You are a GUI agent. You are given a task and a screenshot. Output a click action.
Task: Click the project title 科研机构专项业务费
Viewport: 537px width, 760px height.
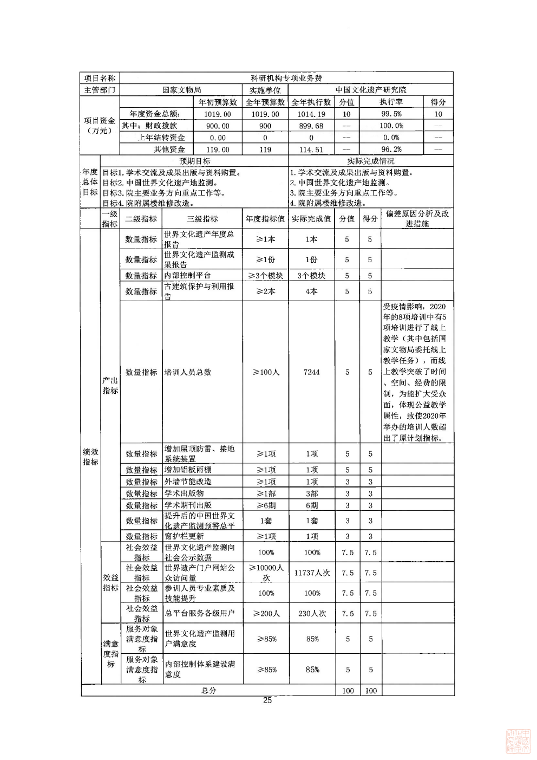286,78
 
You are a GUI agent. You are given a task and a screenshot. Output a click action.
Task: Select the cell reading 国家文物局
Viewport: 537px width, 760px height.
181,90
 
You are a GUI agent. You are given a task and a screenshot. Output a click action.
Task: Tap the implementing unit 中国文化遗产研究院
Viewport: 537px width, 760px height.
370,90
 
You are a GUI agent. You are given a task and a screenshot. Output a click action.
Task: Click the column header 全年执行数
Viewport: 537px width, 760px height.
311,102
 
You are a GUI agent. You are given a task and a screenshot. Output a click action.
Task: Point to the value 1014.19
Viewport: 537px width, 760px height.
311,114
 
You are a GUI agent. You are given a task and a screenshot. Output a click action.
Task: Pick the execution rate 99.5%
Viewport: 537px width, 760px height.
391,114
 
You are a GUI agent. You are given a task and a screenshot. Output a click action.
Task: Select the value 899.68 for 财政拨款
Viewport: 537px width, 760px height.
311,126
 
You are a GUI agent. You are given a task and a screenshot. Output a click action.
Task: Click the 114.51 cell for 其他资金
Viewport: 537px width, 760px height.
311,150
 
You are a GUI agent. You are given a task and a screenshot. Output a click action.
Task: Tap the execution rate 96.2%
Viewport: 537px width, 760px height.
391,150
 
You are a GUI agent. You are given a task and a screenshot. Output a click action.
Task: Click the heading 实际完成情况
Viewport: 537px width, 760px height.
370,161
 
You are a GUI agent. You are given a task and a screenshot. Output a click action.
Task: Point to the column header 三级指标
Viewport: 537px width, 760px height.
202,219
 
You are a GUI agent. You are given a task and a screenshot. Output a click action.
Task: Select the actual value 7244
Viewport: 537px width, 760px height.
311,372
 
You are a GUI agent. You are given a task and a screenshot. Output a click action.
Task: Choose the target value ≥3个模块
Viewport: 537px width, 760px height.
265,275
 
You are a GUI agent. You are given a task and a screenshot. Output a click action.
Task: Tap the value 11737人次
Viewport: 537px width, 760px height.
312,573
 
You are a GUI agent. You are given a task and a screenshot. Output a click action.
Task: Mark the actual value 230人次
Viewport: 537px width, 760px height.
312,614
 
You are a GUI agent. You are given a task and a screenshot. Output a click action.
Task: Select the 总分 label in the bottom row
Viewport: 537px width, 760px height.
208,691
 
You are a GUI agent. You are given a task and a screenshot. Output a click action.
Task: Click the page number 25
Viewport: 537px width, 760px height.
267,700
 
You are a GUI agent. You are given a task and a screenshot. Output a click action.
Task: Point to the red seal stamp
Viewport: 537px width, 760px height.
518,741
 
